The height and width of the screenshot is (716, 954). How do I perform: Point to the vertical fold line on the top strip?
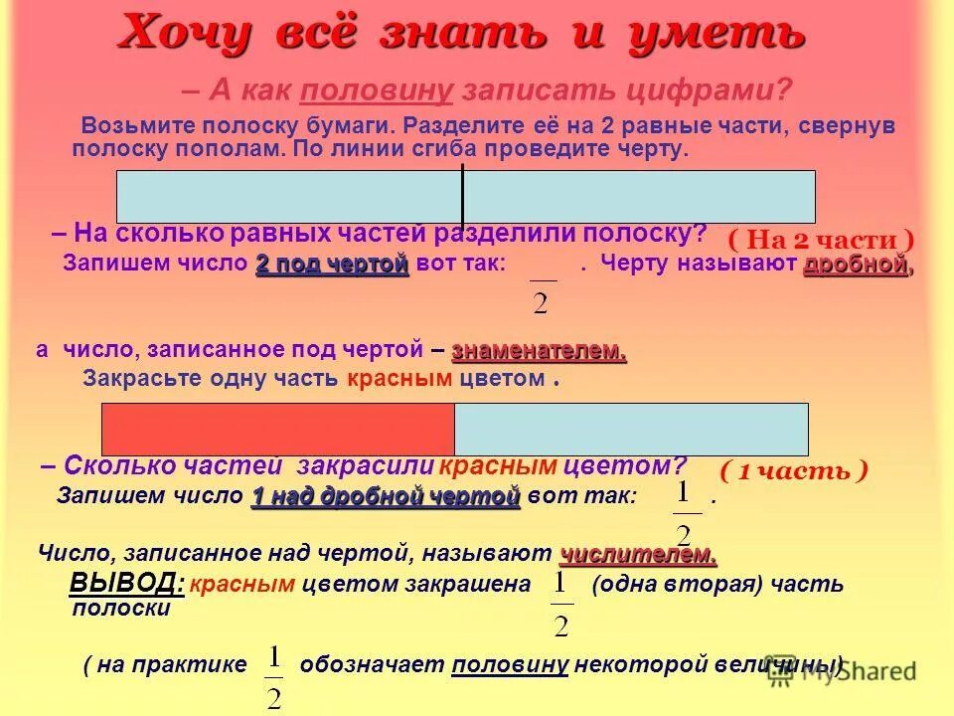tap(462, 197)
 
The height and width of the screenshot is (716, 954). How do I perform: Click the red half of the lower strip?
tap(278, 430)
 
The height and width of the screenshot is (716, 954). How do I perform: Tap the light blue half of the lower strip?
tap(631, 430)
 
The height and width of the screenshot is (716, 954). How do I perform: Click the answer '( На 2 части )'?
tap(820, 240)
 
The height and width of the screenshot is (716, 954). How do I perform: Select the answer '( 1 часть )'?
tap(793, 470)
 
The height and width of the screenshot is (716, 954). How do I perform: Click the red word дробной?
tap(856, 265)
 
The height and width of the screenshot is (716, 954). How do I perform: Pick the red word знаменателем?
tap(539, 351)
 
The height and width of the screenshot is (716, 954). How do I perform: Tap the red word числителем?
tap(637, 553)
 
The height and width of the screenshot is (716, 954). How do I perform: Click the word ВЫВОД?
tap(126, 583)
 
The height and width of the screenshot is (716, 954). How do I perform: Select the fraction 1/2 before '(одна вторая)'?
tap(561, 603)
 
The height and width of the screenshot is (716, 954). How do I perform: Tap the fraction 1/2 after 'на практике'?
tap(275, 676)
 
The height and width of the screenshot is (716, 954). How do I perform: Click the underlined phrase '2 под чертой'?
tap(332, 265)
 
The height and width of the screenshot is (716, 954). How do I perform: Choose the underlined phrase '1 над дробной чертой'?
tap(386, 495)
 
